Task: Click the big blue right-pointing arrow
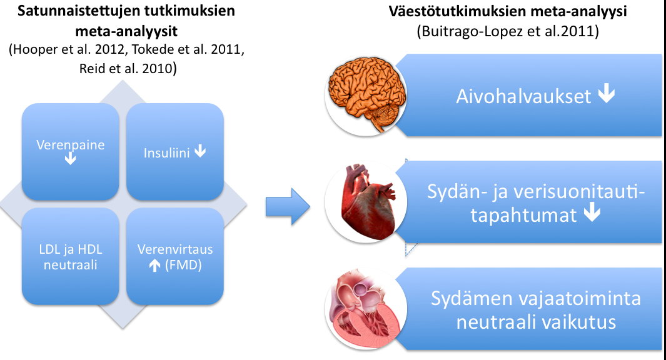click(x=288, y=207)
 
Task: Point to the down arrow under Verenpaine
click(x=71, y=159)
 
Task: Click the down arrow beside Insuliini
click(x=200, y=151)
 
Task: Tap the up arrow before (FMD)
click(x=154, y=266)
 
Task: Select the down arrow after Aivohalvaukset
click(x=607, y=93)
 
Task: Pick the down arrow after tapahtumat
click(x=592, y=212)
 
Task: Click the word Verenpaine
click(x=71, y=145)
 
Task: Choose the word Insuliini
click(x=166, y=153)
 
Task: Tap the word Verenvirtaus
click(x=175, y=249)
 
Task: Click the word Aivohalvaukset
click(x=523, y=96)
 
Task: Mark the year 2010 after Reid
click(x=157, y=68)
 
